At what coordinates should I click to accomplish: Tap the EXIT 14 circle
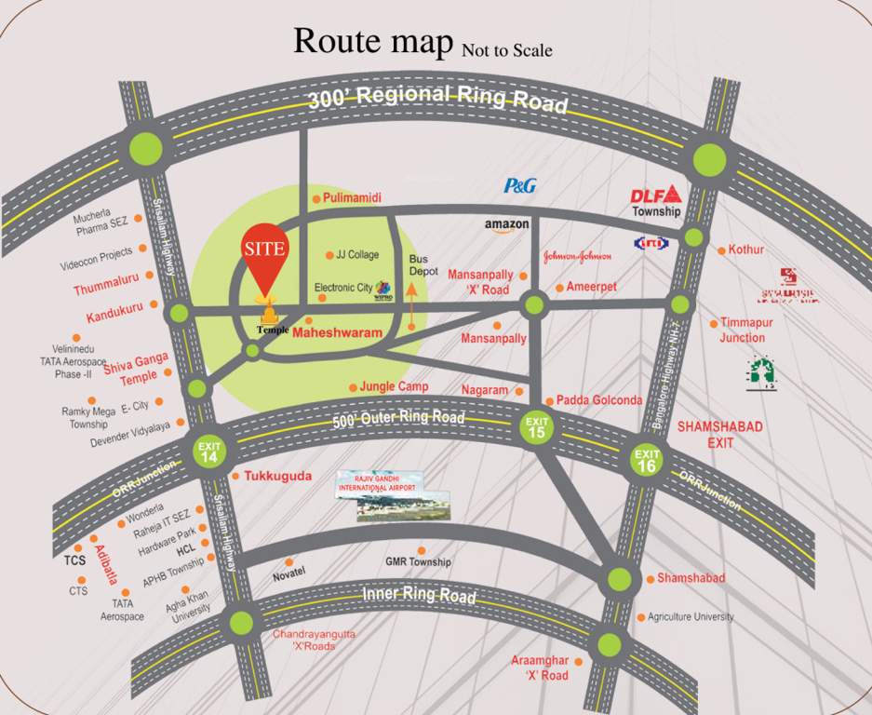click(x=209, y=452)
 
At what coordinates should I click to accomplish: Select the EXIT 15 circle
click(x=538, y=427)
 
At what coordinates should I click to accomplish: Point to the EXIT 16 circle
click(x=647, y=459)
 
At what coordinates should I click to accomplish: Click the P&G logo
click(x=519, y=185)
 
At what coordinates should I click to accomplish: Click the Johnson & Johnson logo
click(x=577, y=256)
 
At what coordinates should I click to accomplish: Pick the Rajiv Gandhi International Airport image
click(x=392, y=494)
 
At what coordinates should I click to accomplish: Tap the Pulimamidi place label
click(x=353, y=198)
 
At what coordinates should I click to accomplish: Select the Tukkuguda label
click(x=277, y=476)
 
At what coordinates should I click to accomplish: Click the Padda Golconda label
click(x=599, y=400)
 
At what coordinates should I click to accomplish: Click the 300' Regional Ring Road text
click(x=437, y=97)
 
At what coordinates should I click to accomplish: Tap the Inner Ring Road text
click(x=419, y=594)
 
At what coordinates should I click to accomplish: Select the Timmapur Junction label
click(x=743, y=331)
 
